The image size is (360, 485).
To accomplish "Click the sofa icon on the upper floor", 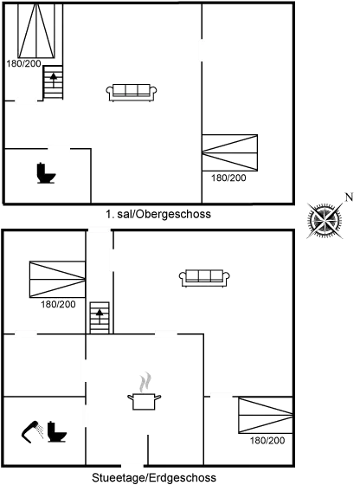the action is pos(132,93).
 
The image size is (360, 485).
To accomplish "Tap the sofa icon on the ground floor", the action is pos(204,278).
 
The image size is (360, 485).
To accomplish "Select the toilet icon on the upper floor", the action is pos(46,173).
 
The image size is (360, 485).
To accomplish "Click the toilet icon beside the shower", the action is pos(57,431).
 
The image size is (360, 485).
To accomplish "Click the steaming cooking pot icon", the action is pos(145,391).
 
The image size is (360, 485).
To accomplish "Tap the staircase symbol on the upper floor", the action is pos(53,82).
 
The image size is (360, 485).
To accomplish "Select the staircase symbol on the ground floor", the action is pos(100,318).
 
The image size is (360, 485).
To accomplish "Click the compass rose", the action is pos(325,220).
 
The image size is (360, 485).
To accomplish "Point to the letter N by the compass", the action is pos(349,197).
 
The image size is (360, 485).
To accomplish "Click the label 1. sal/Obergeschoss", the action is pos(158,214).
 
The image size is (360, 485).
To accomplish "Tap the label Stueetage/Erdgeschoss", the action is pos(154,477).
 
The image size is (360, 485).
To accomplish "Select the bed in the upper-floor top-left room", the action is pos(36,30).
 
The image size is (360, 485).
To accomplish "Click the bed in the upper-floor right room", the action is pos(229,152).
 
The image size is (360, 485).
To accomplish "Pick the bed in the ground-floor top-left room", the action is pos(57,279).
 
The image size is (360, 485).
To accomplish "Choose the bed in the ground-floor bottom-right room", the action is pos(266,415).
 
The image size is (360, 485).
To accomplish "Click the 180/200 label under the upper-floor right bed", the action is pos(228,178).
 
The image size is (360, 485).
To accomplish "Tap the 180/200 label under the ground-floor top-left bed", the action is pos(58,304).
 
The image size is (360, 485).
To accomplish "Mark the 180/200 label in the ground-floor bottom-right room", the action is pos(267,440).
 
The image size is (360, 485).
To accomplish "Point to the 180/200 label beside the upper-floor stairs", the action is pos(23,64).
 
